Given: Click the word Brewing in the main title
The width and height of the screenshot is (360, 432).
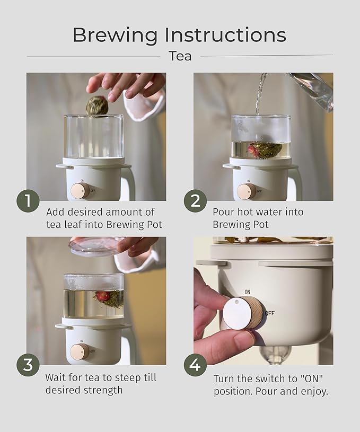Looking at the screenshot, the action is click(x=115, y=36).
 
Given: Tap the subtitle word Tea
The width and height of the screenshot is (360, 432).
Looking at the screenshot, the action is click(x=180, y=56).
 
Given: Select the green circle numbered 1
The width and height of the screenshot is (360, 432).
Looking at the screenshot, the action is click(x=28, y=200).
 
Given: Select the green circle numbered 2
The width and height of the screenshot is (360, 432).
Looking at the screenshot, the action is click(x=196, y=200).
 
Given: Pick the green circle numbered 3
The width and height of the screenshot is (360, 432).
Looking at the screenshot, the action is click(x=28, y=365).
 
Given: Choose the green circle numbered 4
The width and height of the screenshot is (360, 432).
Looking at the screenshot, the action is click(x=196, y=365).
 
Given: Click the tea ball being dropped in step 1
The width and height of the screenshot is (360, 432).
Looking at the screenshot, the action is click(x=96, y=106).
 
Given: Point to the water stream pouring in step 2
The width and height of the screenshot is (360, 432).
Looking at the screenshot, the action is click(x=260, y=95).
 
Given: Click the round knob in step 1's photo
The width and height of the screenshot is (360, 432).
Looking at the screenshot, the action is click(x=80, y=191).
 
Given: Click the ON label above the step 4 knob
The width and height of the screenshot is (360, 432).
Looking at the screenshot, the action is click(x=247, y=292).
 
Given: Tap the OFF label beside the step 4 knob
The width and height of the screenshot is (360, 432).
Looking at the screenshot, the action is click(x=270, y=313).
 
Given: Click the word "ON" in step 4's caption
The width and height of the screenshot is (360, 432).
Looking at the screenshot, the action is click(x=311, y=378).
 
